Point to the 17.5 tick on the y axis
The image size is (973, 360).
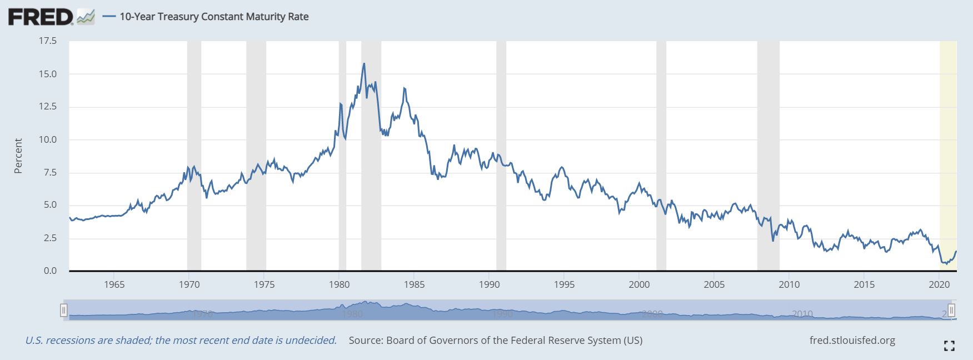(x=47, y=41)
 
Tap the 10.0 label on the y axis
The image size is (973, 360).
(x=47, y=139)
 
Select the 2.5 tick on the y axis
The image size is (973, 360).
(x=50, y=238)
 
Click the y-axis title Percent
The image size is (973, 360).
(x=18, y=156)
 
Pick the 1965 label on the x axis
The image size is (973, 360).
(x=114, y=285)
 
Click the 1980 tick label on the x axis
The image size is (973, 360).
(x=339, y=285)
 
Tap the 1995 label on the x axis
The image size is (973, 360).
(x=564, y=285)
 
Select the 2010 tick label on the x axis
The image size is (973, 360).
(x=789, y=285)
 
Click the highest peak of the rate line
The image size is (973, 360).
(x=364, y=63)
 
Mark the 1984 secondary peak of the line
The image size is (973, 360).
(x=404, y=88)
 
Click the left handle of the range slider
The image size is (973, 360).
(x=64, y=309)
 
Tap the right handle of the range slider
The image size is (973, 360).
(x=951, y=309)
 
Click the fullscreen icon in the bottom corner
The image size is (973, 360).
(x=949, y=346)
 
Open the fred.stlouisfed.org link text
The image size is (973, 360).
(x=852, y=340)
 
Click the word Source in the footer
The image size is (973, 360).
(x=365, y=340)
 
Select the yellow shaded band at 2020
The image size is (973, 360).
(x=948, y=156)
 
